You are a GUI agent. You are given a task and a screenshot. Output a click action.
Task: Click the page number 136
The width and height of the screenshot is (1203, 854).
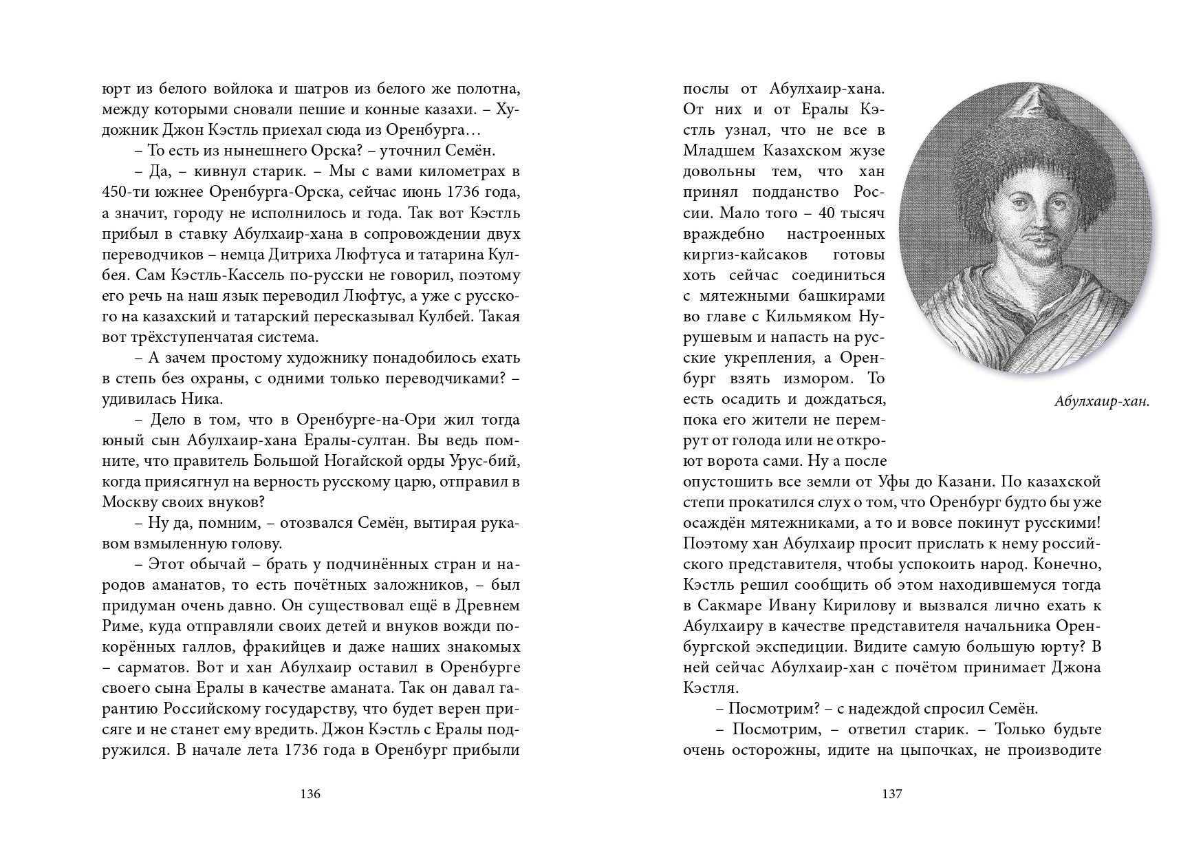point(311,794)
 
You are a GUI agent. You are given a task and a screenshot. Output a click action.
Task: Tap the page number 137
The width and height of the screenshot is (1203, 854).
point(891,794)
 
